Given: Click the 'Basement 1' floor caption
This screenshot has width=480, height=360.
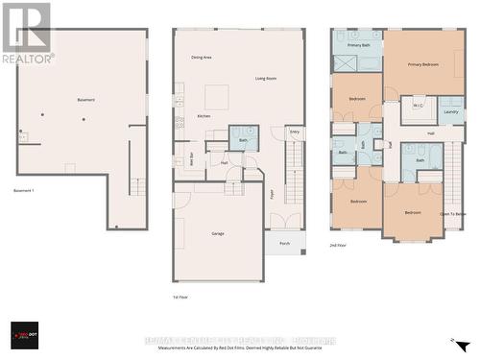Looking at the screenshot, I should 25,190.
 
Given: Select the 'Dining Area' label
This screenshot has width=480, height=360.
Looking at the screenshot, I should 202,58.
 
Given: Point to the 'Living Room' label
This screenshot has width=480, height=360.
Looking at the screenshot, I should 266,78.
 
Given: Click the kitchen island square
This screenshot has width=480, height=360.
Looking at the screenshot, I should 218,97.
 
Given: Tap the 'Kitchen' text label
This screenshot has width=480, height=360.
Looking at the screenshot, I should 204,116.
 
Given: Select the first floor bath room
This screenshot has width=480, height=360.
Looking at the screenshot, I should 243,138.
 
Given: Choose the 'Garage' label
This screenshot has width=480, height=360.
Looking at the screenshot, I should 218,232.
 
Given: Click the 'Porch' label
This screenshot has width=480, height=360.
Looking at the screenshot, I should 284,243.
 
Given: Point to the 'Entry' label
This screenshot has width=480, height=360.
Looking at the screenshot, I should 294,131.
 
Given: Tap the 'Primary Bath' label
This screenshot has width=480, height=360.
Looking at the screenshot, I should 359,45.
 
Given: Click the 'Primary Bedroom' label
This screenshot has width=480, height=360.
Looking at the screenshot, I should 423,64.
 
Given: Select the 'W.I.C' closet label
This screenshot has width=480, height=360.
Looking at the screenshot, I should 418,106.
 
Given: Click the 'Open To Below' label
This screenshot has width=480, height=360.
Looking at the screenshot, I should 453,213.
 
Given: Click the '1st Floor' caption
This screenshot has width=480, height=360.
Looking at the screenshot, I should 180,298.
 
